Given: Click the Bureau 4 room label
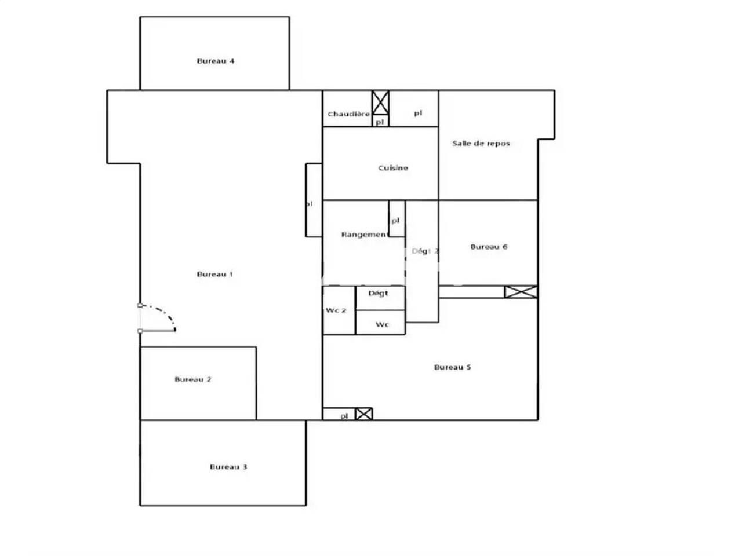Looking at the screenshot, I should point(216,61).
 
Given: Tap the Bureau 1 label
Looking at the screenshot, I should point(215,274).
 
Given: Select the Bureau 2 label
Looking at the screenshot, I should point(193,379).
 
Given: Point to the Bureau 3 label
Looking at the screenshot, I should point(228,467).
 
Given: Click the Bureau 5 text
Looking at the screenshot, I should point(452,367).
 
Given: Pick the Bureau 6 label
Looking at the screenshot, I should point(489,247).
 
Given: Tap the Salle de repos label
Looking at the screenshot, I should point(481,143).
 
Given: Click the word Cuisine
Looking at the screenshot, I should point(393,168).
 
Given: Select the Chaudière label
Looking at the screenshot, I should point(348,114).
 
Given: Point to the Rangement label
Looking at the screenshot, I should point(364,235).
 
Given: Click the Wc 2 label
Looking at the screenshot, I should point(336,310).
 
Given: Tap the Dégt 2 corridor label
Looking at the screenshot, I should point(425,251).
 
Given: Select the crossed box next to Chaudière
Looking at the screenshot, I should point(380,103).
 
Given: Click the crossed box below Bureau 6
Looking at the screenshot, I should point(521,292).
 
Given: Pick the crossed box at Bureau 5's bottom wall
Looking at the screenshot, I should point(363,414).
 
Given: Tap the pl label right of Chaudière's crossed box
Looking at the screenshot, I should point(418,113).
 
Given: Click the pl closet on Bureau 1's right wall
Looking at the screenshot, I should point(314,200).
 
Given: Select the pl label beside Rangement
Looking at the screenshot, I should point(395,221).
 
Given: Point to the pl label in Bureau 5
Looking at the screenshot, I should point(344,415).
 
